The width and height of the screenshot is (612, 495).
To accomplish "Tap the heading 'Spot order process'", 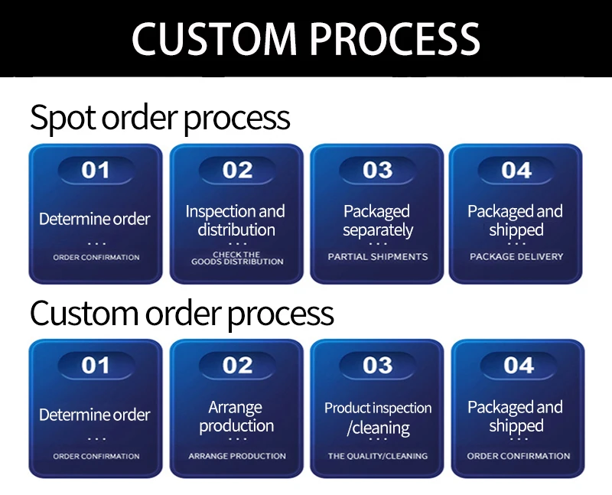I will point(160,119).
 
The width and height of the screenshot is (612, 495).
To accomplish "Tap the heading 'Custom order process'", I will point(182,314).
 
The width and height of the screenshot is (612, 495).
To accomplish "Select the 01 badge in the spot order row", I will point(96,170).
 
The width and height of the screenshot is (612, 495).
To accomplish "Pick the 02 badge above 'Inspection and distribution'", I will point(237,170).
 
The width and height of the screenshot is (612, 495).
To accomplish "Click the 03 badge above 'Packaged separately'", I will point(377,170).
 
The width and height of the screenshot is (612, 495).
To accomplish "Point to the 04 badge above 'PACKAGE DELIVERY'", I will point(516,170).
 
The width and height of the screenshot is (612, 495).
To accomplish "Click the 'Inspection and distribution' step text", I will point(236,220).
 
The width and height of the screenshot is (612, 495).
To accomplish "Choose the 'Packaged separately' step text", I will point(377,220).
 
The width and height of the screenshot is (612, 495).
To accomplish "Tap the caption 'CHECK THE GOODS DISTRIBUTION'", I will point(237,259).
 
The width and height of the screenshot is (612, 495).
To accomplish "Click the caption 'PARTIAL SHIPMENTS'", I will point(378,257).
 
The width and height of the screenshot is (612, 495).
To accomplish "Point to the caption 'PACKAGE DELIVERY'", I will point(516,257).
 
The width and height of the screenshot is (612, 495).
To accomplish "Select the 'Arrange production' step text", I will point(236,416).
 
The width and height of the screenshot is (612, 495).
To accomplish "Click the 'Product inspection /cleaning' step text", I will point(378,418).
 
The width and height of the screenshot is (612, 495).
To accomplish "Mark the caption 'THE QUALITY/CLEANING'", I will point(378,456).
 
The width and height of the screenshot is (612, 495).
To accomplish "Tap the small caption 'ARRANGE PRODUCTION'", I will point(237,456).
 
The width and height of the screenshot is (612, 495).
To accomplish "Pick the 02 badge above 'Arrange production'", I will point(237,366).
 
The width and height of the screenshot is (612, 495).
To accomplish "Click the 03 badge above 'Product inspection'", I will point(377,366).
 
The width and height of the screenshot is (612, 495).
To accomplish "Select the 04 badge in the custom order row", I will point(518,366).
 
